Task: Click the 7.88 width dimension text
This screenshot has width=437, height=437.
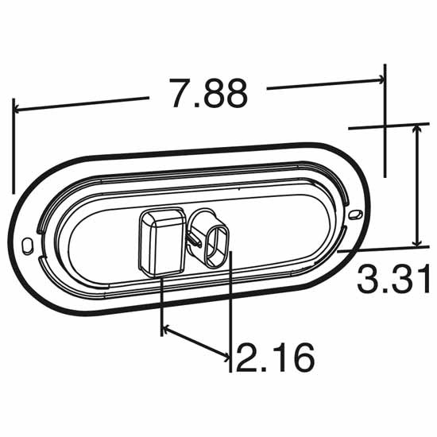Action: (208, 94)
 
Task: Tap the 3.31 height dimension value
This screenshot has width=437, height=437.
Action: (393, 280)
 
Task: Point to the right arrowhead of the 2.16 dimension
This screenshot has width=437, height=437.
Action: (225, 355)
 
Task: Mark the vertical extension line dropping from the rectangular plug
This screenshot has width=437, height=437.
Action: (161, 302)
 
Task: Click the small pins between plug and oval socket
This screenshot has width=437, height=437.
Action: (192, 236)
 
